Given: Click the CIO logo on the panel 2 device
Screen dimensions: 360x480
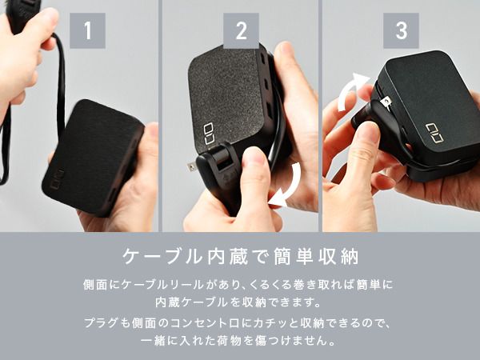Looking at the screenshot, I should pos(210,127).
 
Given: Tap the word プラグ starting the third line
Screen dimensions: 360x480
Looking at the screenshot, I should pos(98,322).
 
